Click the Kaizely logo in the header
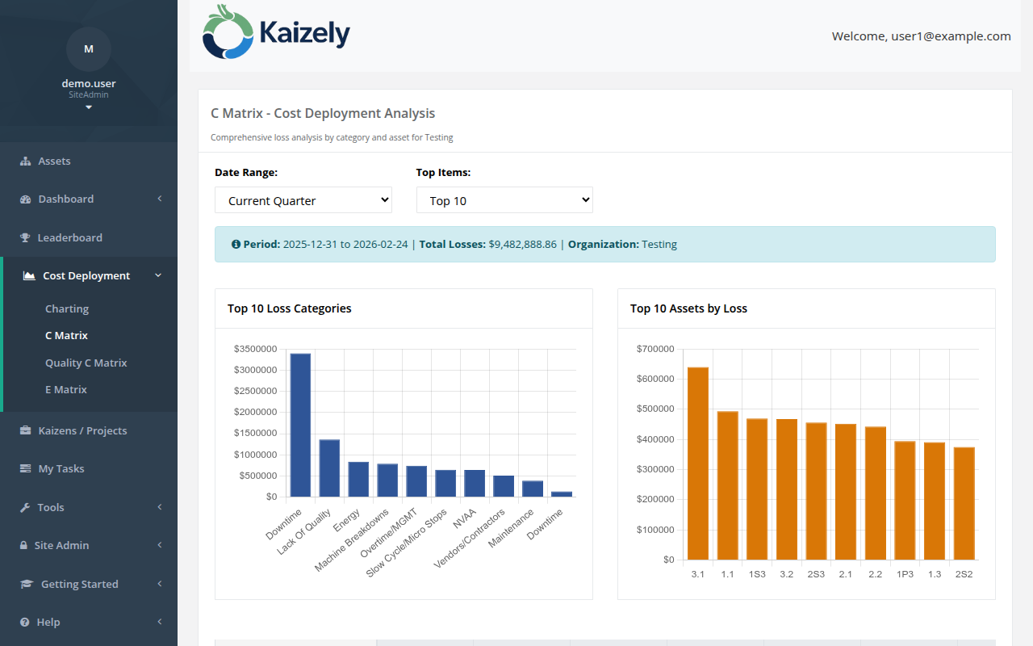(x=276, y=33)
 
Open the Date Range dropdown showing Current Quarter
(x=303, y=200)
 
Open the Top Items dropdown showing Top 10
(x=504, y=200)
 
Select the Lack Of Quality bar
(x=329, y=468)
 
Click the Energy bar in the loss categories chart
(x=358, y=480)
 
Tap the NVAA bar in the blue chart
(x=475, y=483)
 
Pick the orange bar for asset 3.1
(x=698, y=464)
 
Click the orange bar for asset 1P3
(x=905, y=500)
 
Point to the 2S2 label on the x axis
(x=964, y=574)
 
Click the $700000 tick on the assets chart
(x=655, y=349)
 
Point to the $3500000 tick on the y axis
(x=255, y=349)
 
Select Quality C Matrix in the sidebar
(x=86, y=363)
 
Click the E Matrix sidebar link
(x=65, y=389)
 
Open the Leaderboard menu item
(x=69, y=237)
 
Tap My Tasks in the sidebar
(x=61, y=468)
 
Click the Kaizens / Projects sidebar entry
(x=82, y=430)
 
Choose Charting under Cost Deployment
(x=67, y=308)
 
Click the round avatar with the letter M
(x=89, y=48)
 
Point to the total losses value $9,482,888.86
(x=522, y=244)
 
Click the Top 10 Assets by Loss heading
(x=688, y=308)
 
